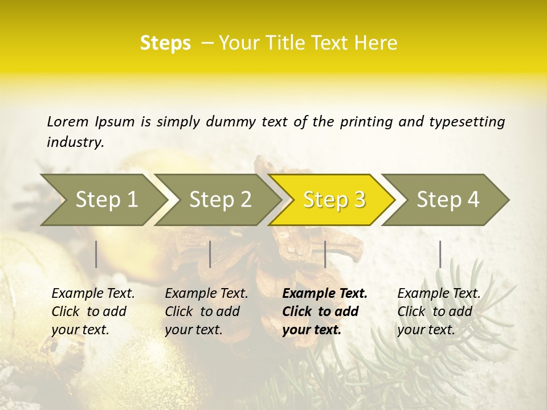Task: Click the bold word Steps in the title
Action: (165, 43)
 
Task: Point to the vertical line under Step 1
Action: (96, 254)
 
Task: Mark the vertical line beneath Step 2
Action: (210, 254)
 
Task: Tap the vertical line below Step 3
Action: (325, 254)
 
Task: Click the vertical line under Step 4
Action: (440, 254)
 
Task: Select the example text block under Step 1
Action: (93, 311)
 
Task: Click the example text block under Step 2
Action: (206, 311)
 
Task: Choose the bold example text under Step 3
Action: (325, 311)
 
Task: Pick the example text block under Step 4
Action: (439, 311)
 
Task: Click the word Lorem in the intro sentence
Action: (68, 121)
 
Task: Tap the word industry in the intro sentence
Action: (75, 142)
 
